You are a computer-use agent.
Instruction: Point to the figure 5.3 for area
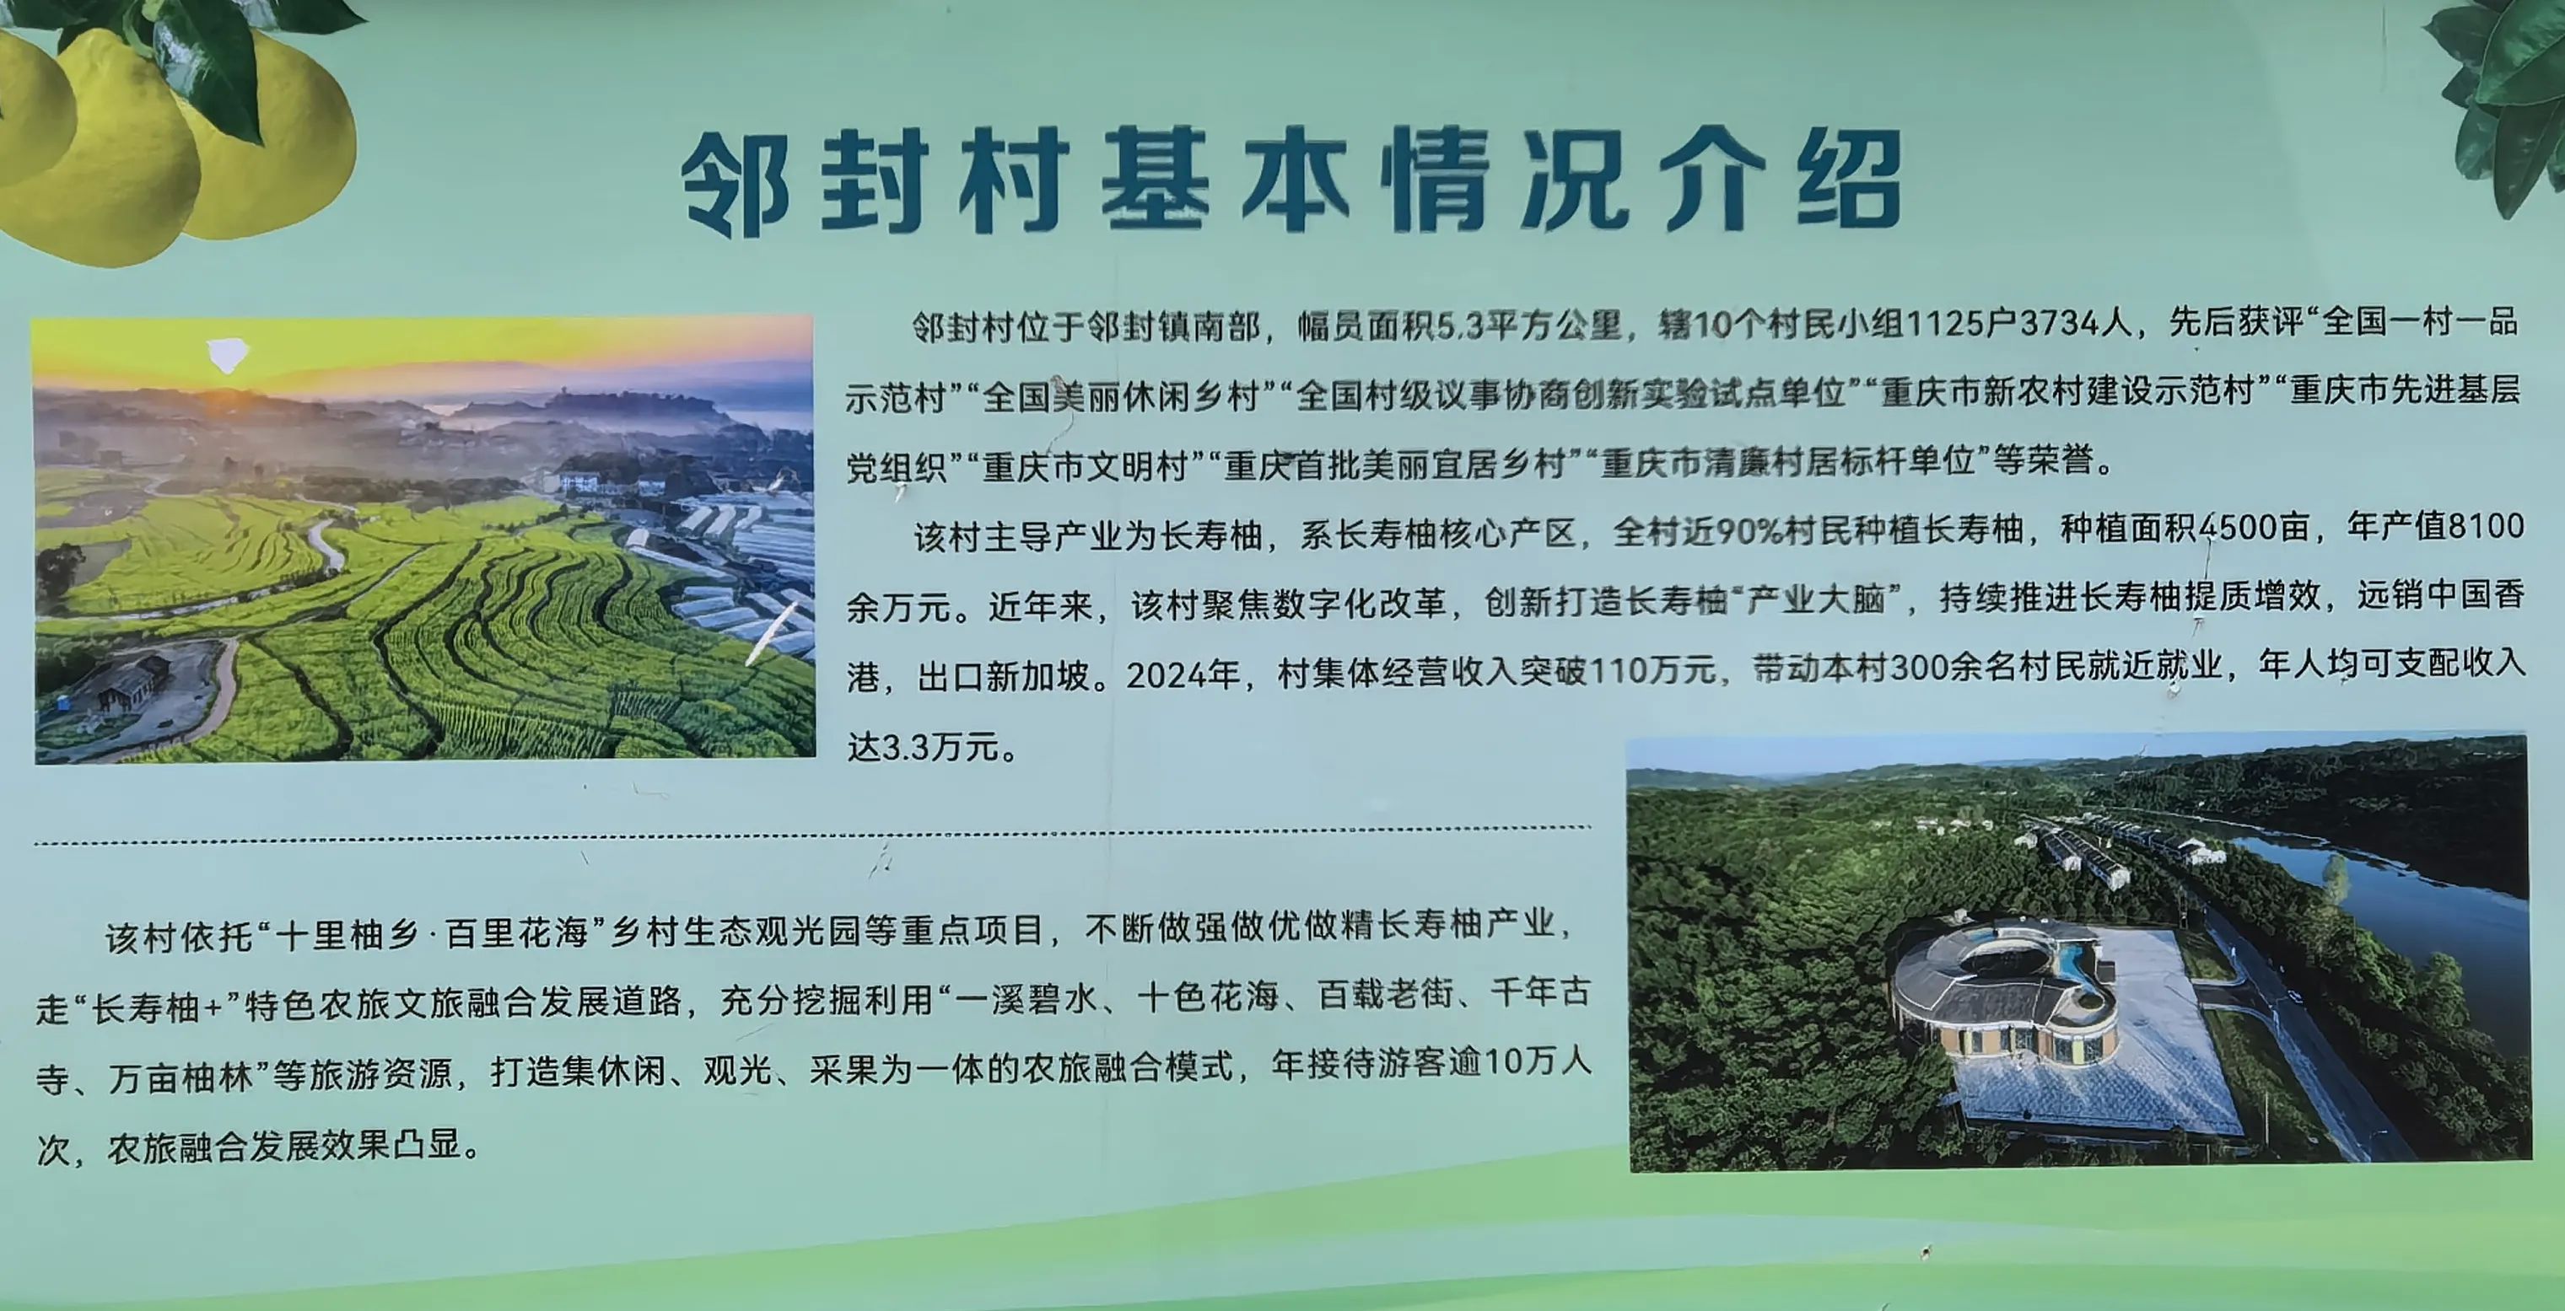tap(1460, 325)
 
